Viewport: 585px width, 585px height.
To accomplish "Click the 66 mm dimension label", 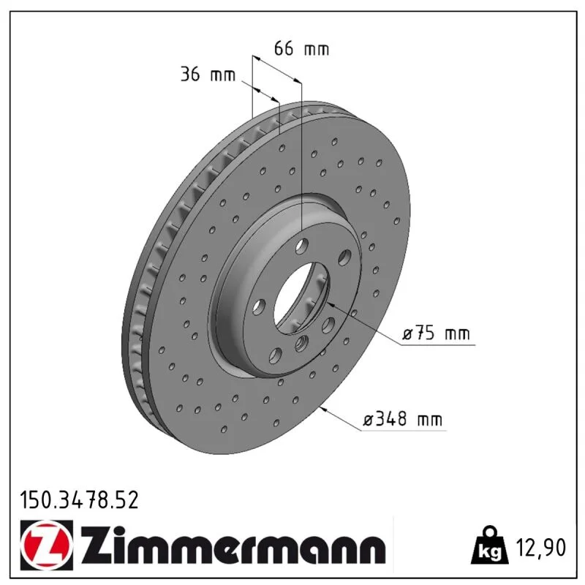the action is point(301,48).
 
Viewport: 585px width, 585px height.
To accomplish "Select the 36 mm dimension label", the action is point(208,75).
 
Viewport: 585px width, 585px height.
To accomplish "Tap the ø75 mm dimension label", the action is point(436,333).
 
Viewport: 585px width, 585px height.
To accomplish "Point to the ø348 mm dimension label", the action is point(403,419).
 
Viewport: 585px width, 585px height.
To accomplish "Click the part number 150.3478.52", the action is point(79,500).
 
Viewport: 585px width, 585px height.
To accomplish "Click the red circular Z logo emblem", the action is point(47,545).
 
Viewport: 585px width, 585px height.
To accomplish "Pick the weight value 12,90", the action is point(540,547).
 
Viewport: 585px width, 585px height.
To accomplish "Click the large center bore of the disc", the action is point(301,298).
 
